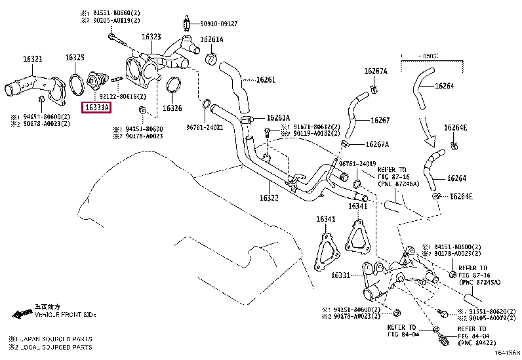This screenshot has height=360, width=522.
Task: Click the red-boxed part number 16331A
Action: click(96, 107)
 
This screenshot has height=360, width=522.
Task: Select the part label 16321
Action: click(33, 60)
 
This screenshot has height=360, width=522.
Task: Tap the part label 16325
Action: click(75, 58)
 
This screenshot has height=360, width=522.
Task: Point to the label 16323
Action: click(150, 37)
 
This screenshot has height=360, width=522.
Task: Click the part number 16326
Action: click(172, 108)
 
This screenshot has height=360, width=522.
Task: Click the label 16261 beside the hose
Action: click(266, 80)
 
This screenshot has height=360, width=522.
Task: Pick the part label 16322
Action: click(270, 197)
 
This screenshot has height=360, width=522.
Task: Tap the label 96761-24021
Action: click(205, 127)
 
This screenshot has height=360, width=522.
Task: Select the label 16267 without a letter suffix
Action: click(380, 121)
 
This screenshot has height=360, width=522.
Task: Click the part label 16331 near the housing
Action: click(341, 275)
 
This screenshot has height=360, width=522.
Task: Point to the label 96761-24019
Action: click(357, 163)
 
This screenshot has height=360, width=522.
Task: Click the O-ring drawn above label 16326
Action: click(174, 87)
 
